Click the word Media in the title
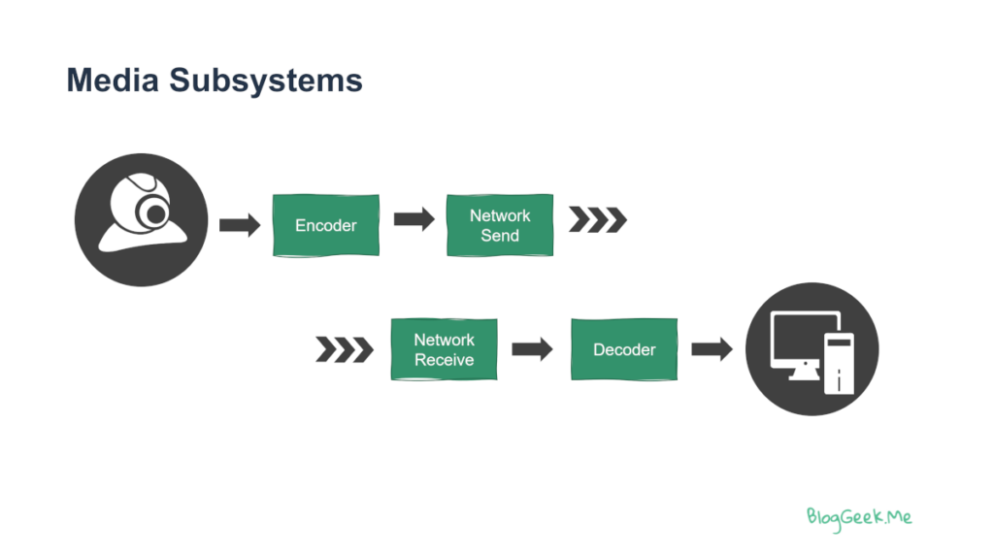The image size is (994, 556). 113,81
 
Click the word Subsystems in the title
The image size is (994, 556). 266,81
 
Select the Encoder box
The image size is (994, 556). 326,225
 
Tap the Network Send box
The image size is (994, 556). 500,225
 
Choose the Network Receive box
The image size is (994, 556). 444,349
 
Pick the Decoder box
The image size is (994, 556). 624,349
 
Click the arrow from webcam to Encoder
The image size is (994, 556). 240,224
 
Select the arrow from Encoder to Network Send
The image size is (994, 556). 414,219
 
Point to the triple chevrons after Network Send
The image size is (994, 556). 597,219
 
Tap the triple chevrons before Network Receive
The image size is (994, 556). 345,349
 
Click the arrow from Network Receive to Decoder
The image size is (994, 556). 532,348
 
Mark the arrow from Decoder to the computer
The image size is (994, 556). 712,348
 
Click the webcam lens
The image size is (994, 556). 154,213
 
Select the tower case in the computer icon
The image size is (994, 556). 839,363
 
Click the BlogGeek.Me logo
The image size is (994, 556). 859,518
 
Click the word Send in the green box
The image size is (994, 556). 500,235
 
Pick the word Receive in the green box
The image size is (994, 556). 444,359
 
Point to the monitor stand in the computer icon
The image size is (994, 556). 805,373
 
